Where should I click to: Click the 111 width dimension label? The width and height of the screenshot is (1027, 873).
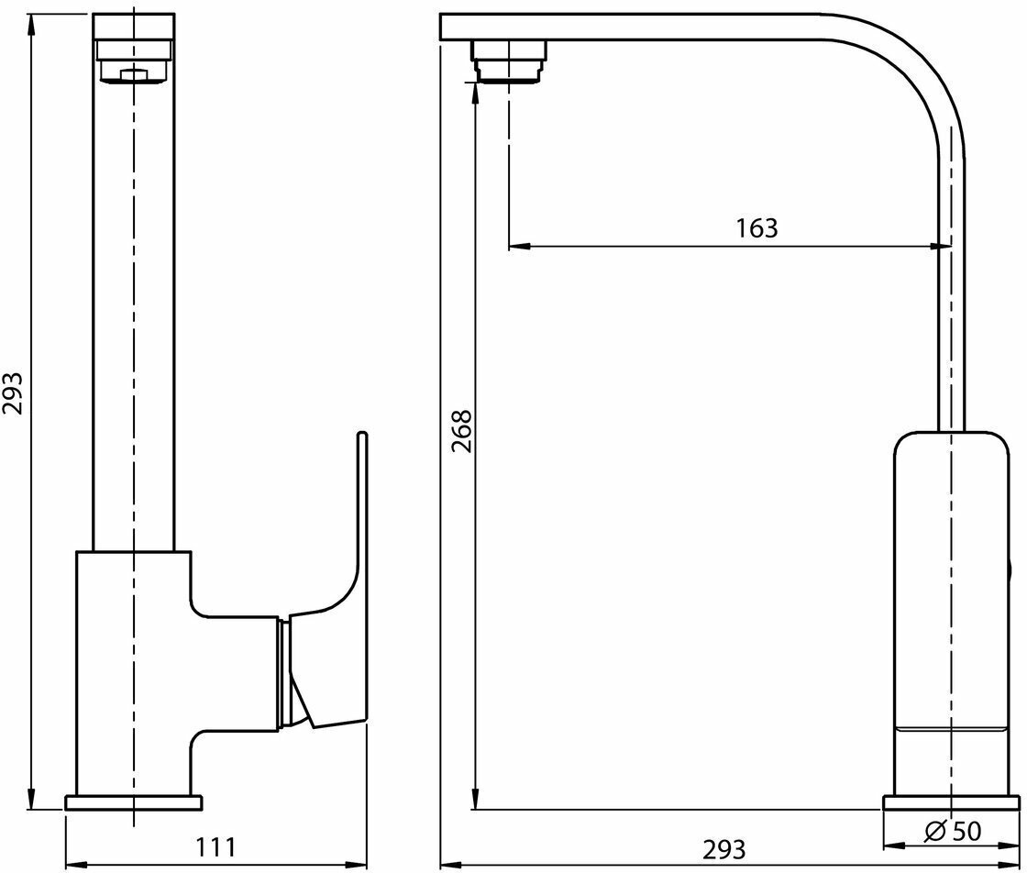tap(217, 847)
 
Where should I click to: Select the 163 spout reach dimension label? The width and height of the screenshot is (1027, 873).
tap(756, 228)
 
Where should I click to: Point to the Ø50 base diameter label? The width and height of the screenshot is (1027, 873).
tap(954, 833)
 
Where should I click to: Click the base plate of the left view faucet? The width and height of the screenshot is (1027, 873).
tap(133, 802)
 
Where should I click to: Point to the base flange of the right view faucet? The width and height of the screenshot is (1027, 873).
tap(950, 803)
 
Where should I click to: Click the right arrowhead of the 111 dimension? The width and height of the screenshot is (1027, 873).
tap(359, 864)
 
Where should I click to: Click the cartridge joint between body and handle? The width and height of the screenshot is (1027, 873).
tap(285, 674)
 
